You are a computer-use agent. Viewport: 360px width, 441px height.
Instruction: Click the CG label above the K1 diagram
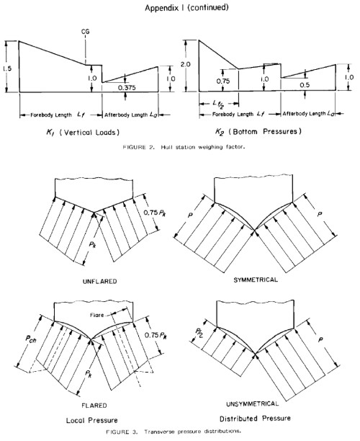point(85,32)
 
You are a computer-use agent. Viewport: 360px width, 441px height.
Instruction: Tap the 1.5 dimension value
point(7,68)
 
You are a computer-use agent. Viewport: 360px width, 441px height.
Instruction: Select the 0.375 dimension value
point(127,87)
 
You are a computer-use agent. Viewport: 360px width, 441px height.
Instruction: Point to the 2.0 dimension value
point(185,64)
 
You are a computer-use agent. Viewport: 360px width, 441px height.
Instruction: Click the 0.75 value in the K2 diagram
point(223,81)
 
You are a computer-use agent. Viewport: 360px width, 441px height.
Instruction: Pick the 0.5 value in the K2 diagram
point(305,85)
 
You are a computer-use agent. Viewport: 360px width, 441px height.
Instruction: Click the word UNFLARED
point(100,281)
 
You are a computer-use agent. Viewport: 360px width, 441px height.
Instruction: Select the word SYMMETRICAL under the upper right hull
point(256,280)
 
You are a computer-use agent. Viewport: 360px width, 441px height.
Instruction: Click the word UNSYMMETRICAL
point(253,404)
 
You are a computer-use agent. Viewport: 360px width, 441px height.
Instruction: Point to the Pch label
point(31,339)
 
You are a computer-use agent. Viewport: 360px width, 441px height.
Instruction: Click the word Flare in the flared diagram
point(96,315)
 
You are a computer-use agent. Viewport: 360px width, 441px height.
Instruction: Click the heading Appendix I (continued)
point(186,8)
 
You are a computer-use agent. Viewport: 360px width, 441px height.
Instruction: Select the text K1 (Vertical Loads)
point(83,132)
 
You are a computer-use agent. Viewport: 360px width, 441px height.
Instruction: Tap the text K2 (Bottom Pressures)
point(258,131)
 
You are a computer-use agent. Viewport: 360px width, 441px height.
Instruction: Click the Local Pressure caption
point(92,421)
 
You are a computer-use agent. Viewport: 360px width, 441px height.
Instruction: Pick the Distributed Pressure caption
point(255,419)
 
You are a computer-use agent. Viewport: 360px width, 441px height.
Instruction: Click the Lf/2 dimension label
point(219,104)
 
